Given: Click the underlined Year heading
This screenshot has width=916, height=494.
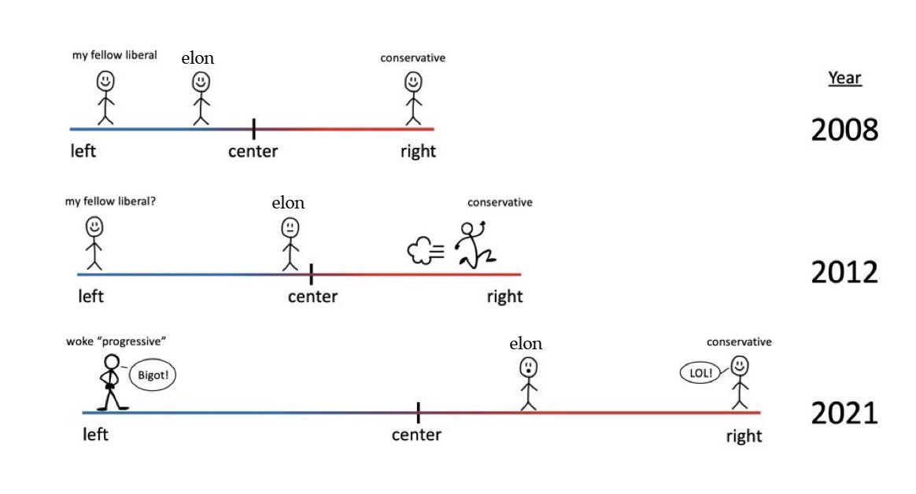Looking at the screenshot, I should click(x=844, y=79).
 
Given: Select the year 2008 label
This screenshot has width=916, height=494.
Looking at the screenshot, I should click(x=844, y=131).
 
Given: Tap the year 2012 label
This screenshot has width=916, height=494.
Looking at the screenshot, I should click(x=844, y=272).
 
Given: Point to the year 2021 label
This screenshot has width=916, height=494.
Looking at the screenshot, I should click(x=844, y=413).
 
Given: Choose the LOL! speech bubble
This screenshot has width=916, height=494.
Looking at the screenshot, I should click(x=701, y=374).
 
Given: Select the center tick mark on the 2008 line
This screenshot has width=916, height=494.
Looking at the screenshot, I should click(x=253, y=128).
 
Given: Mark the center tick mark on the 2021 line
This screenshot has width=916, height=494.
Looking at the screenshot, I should click(x=418, y=411).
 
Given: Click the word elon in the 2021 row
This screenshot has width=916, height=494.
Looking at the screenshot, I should click(x=526, y=344).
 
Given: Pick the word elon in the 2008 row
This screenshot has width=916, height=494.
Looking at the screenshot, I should click(x=198, y=58).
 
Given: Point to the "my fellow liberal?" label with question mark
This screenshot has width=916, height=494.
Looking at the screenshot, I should click(x=110, y=201).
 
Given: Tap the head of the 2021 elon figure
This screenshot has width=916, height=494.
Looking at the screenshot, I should click(x=528, y=367).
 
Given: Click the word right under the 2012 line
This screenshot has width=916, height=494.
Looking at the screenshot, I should click(x=504, y=297).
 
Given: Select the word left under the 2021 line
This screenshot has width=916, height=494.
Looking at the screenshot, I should click(x=95, y=434).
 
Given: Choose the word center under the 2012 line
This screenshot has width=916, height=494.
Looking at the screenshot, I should click(x=312, y=297).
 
